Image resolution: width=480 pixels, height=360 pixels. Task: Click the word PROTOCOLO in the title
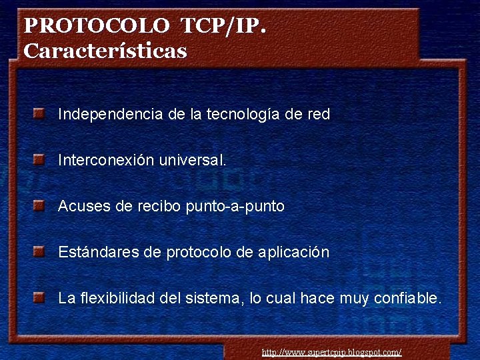97,27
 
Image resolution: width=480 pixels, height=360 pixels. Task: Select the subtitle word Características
105,51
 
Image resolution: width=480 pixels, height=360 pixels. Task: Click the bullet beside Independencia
39,113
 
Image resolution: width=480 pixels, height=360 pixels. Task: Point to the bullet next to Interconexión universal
39,160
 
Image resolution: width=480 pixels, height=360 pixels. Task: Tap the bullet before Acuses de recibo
39,206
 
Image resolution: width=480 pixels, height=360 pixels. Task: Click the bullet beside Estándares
39,252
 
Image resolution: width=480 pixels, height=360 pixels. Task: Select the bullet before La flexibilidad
39,297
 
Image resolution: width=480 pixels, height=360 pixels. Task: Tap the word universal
193,161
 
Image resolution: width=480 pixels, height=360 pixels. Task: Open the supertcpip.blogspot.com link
331,352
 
